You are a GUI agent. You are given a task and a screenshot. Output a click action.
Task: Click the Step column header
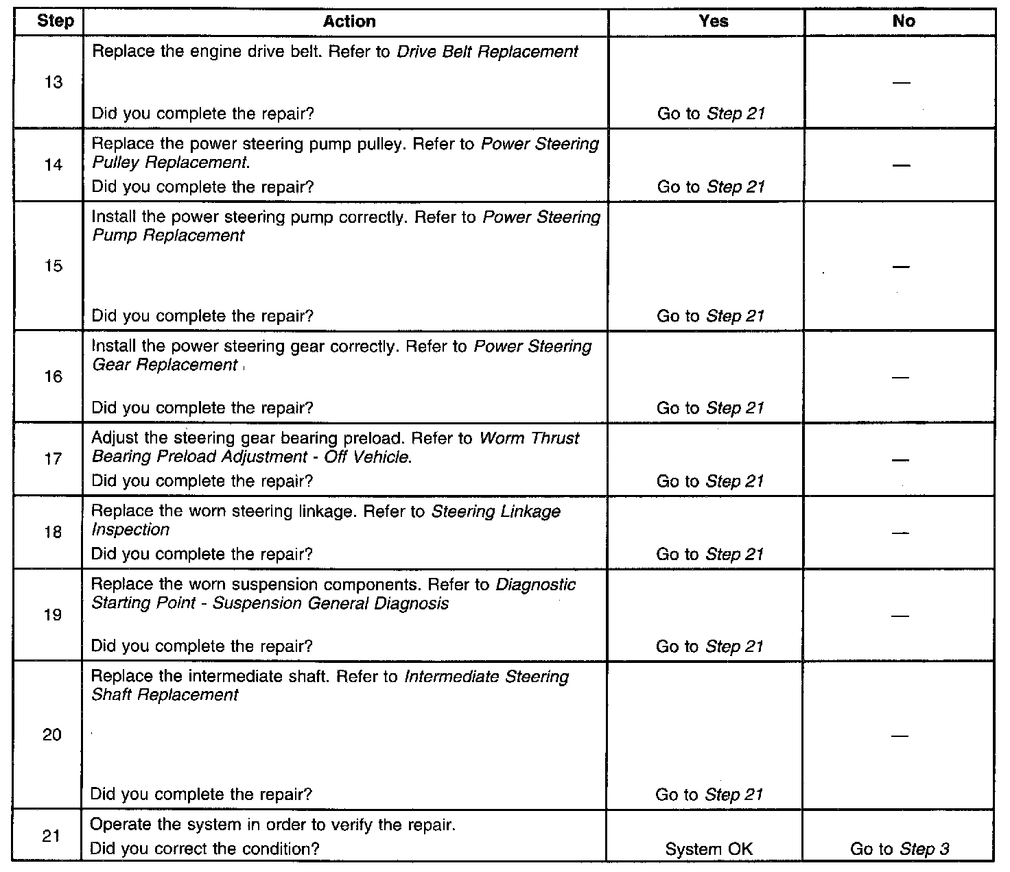[55, 21]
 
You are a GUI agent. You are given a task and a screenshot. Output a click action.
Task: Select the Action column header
[349, 21]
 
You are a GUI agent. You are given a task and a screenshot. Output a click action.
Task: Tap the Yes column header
[713, 21]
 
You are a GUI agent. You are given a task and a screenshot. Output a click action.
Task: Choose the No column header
[903, 21]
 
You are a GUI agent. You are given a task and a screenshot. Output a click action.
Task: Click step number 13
[53, 83]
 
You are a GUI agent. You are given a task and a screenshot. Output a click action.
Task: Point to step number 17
[53, 459]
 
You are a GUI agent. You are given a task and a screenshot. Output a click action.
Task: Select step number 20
[52, 736]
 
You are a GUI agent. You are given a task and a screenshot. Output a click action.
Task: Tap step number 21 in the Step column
[52, 836]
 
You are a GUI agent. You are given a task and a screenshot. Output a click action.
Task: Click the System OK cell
[709, 849]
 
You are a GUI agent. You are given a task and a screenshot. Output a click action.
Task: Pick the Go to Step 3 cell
[900, 849]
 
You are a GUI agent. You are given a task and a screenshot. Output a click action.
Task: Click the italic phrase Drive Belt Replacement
[487, 52]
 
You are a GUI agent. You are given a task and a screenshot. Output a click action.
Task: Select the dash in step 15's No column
[902, 267]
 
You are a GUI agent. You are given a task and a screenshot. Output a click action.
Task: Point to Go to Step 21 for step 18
[709, 555]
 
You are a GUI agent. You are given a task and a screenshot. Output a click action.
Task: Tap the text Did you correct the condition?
[204, 849]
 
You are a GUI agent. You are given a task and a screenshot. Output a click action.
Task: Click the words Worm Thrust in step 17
[529, 439]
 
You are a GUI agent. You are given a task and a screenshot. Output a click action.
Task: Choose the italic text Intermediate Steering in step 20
[486, 677]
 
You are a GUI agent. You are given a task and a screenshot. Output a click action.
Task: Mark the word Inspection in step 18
[130, 530]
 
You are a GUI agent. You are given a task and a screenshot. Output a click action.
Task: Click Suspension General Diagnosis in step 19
[331, 604]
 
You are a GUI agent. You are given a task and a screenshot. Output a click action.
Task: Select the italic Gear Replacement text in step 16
[165, 365]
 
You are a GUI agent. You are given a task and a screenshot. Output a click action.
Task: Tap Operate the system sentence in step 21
[272, 825]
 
